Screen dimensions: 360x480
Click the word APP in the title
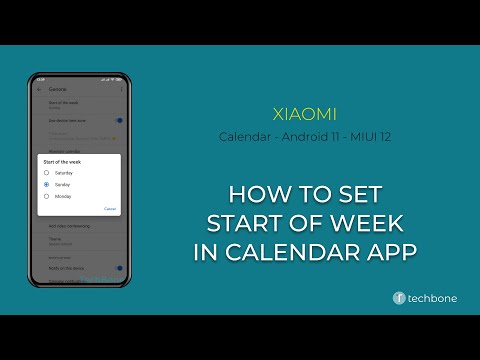pyautogui.click(x=387, y=252)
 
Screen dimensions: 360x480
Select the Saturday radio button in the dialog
pyautogui.click(x=46, y=172)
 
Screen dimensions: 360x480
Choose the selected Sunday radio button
pyautogui.click(x=46, y=184)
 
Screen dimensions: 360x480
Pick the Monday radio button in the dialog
pyautogui.click(x=46, y=196)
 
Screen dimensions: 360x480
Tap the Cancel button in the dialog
pyautogui.click(x=110, y=209)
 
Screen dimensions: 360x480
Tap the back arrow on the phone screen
pyautogui.click(x=38, y=90)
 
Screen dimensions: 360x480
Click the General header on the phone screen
pyautogui.click(x=57, y=90)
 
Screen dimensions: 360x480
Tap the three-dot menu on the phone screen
pyautogui.click(x=121, y=90)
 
